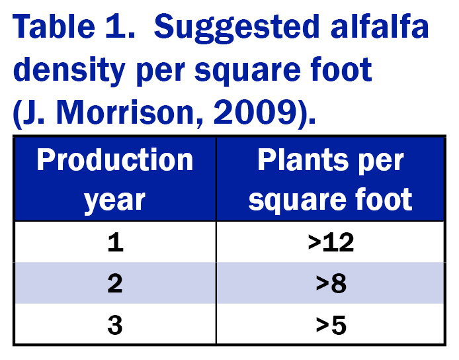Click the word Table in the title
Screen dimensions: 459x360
click(x=54, y=26)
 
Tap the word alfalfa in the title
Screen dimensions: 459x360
click(x=380, y=26)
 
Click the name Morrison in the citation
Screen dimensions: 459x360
click(x=125, y=113)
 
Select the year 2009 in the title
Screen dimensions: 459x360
click(x=255, y=113)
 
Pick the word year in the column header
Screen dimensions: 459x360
click(x=114, y=201)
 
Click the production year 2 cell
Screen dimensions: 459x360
click(x=115, y=283)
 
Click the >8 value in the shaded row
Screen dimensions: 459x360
click(x=331, y=283)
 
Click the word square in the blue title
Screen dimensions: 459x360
click(x=247, y=71)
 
